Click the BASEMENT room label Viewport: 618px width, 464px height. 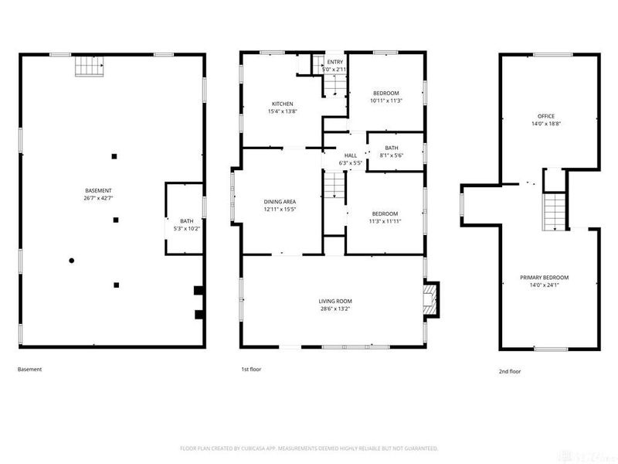(x=99, y=190)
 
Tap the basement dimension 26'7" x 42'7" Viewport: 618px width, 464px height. (x=99, y=198)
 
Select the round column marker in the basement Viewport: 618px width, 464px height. (x=72, y=260)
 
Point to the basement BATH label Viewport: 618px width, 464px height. (x=176, y=221)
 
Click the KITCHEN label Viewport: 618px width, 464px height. (x=282, y=104)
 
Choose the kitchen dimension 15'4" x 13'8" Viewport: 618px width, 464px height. (x=282, y=111)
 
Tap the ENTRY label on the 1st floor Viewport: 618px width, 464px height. (x=334, y=62)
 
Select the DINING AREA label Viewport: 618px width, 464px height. (x=280, y=201)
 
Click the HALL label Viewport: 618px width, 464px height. (x=351, y=155)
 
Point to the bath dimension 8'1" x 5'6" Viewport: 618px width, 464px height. (x=392, y=155)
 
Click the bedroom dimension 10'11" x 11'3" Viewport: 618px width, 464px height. (x=386, y=101)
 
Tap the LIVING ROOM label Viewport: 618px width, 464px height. (x=335, y=301)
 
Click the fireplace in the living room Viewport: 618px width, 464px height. (x=430, y=299)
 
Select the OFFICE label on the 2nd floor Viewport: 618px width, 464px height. (x=545, y=116)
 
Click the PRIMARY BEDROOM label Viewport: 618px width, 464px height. (x=550, y=278)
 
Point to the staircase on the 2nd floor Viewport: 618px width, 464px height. (x=553, y=211)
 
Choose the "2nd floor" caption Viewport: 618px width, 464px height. (x=510, y=371)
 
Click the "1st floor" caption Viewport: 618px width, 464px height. (x=250, y=370)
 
